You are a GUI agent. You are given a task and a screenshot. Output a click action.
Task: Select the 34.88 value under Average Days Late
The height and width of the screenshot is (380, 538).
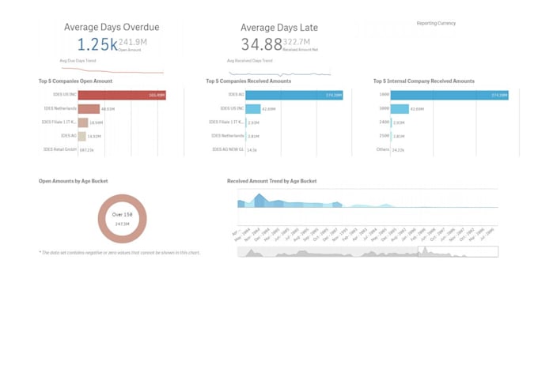point(261,44)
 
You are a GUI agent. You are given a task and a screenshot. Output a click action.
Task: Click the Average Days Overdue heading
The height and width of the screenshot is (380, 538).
point(112,27)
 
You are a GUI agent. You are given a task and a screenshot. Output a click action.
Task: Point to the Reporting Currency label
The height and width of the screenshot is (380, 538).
point(436,24)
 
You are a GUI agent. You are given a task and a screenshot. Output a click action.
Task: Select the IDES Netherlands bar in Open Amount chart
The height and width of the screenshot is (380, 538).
point(89,109)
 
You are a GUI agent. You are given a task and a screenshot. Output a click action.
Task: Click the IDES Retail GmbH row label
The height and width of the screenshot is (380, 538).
point(59,149)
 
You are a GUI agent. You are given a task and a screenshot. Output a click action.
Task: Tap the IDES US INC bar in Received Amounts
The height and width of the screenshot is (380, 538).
point(252,109)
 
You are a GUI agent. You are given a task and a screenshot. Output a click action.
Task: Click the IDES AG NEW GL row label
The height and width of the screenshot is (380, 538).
point(227,149)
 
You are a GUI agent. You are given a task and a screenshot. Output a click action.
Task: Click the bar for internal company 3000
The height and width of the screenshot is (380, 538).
point(400,109)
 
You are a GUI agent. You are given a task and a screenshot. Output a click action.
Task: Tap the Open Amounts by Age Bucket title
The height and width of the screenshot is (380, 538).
point(73,181)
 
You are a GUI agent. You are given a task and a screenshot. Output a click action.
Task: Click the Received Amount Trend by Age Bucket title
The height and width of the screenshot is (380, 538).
point(271,181)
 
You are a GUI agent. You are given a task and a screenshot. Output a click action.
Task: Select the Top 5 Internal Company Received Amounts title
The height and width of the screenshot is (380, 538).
point(423,81)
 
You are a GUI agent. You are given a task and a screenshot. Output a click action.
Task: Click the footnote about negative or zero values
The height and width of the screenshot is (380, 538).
point(119,253)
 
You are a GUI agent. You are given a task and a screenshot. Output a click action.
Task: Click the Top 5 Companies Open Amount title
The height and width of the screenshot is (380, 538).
point(75,81)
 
